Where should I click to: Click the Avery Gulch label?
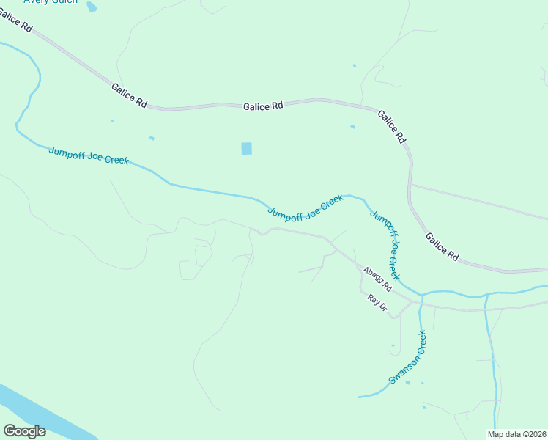[51, 2]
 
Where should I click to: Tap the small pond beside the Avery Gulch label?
[91, 7]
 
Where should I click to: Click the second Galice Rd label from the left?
[129, 96]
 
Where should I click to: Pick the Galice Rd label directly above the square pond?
[263, 106]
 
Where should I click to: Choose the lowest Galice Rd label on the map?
[442, 248]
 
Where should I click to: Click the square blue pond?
[246, 148]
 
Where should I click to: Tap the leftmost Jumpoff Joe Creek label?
[88, 156]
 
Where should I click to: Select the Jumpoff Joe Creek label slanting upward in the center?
[305, 208]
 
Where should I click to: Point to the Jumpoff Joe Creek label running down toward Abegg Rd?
[385, 246]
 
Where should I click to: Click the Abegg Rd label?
[377, 279]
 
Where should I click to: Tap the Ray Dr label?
[377, 303]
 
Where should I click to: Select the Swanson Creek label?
[407, 358]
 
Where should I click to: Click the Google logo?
[24, 430]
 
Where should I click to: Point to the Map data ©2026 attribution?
[516, 434]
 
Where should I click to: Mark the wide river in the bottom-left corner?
[37, 411]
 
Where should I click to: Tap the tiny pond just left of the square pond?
[152, 138]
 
